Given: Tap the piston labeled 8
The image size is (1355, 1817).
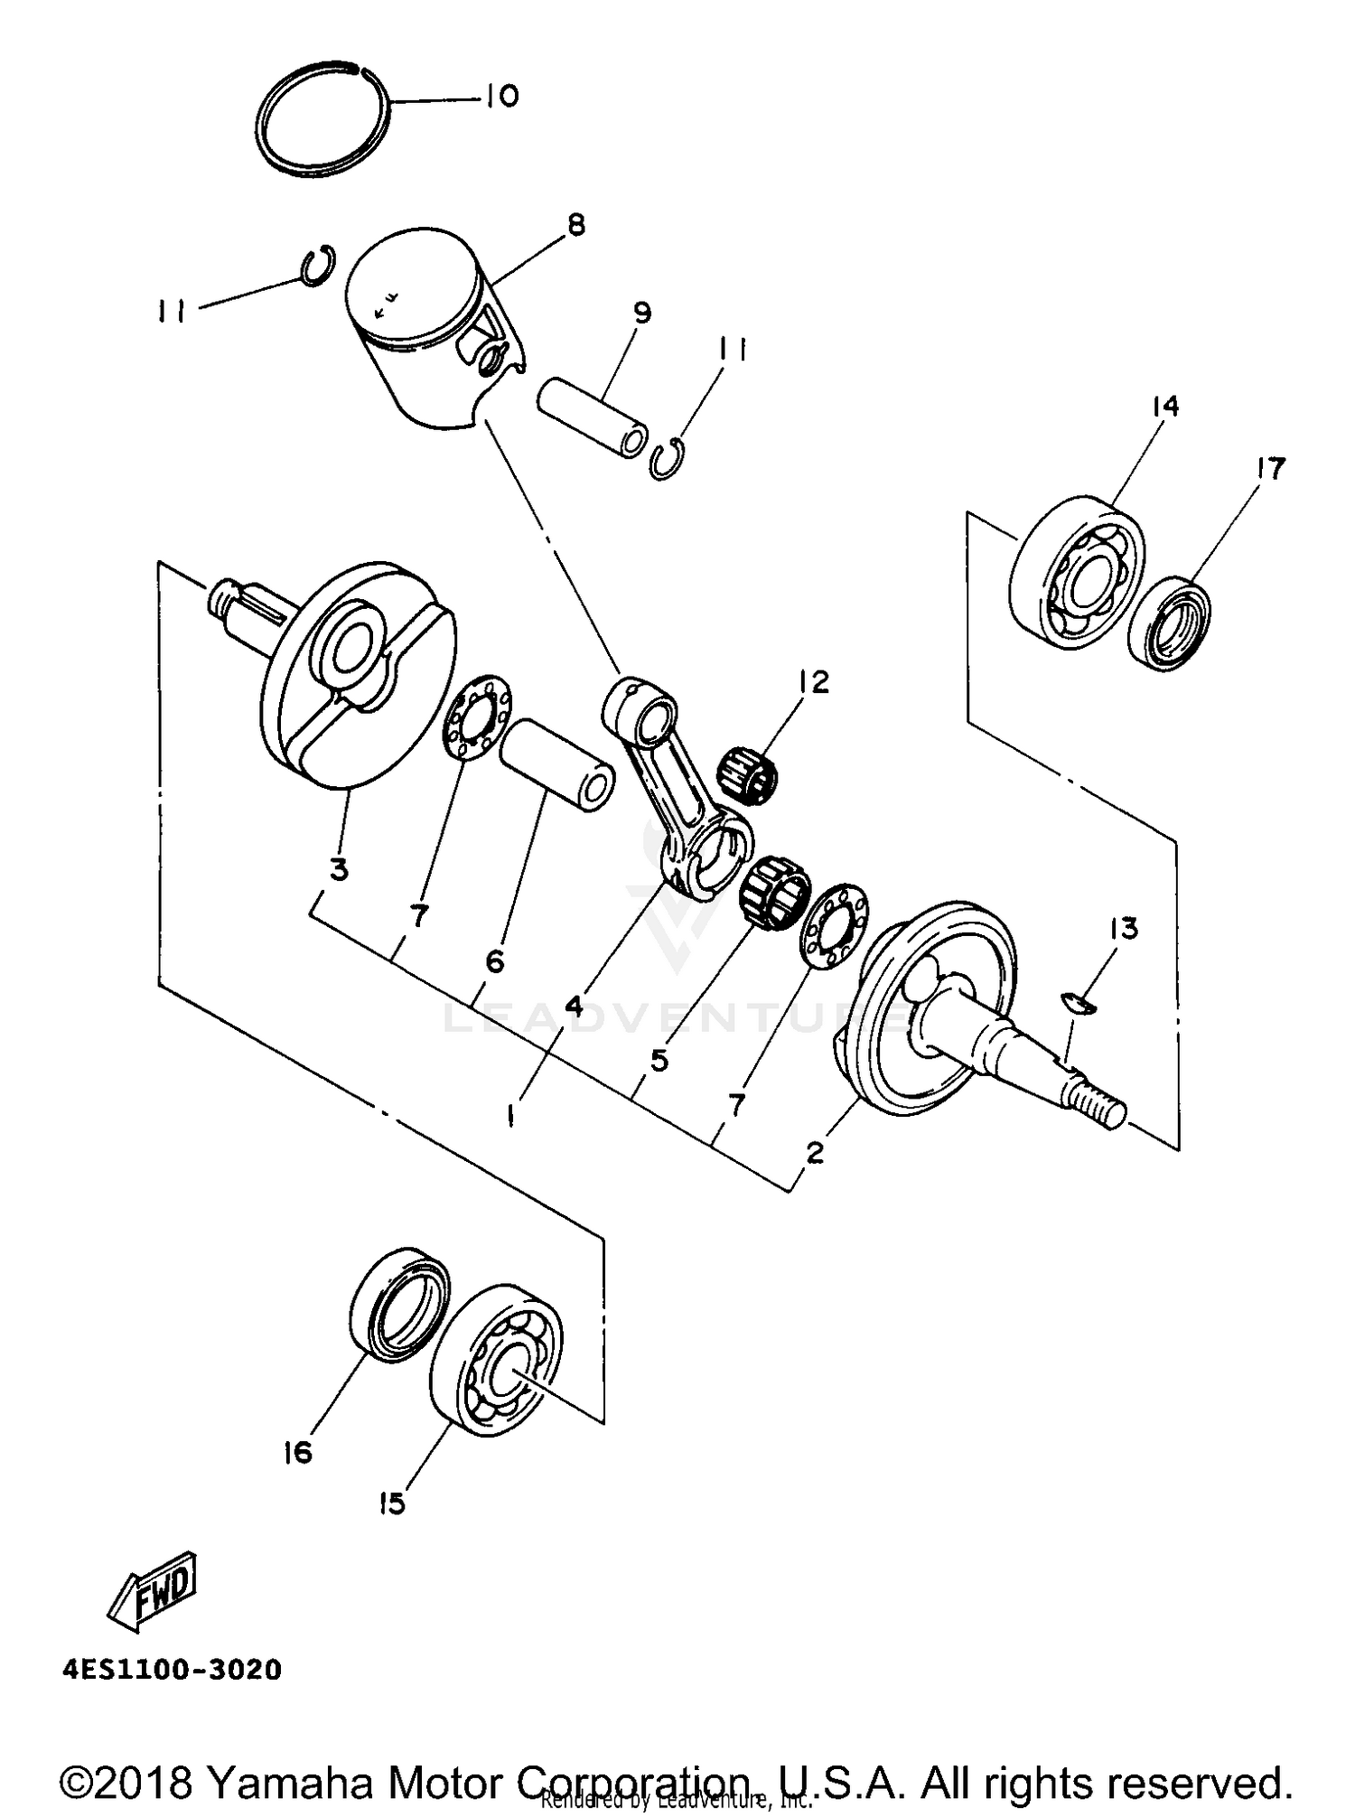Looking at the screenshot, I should tap(425, 325).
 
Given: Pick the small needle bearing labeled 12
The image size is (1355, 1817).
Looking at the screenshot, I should tap(749, 773).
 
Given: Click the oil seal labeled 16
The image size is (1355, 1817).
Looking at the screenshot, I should tap(398, 1306).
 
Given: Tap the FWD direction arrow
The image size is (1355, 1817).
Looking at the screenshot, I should tap(153, 1595).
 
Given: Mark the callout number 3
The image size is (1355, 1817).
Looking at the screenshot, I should tap(338, 870).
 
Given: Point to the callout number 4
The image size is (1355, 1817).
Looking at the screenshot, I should tap(575, 1006).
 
